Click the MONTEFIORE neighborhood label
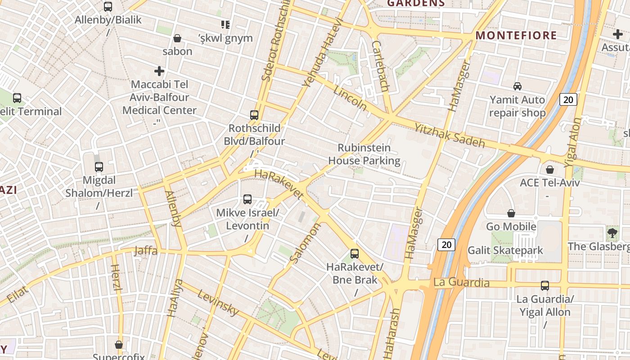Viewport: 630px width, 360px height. [516, 36]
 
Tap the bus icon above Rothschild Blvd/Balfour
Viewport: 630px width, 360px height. [254, 115]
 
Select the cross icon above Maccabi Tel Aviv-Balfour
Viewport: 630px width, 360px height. [159, 71]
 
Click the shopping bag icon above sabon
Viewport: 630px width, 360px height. [177, 38]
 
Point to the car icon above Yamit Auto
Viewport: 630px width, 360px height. [517, 86]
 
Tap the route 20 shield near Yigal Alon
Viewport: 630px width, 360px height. [568, 99]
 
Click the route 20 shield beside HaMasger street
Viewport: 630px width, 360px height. [446, 245]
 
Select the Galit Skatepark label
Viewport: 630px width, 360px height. [505, 250]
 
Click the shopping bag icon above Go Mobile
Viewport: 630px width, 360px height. [511, 213]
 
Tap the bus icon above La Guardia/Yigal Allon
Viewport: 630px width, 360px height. [544, 285]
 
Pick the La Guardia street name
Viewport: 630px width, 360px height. [461, 283]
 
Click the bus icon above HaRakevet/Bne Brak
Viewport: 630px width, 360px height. [355, 254]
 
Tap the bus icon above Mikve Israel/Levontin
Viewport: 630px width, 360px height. [247, 199]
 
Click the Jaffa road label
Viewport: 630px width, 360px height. [146, 251]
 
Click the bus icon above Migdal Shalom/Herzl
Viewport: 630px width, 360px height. [99, 167]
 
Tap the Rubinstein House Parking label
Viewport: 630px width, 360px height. [364, 154]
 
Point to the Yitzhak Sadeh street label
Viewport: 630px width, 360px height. [449, 135]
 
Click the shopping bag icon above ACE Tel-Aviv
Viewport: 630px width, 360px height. [549, 170]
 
